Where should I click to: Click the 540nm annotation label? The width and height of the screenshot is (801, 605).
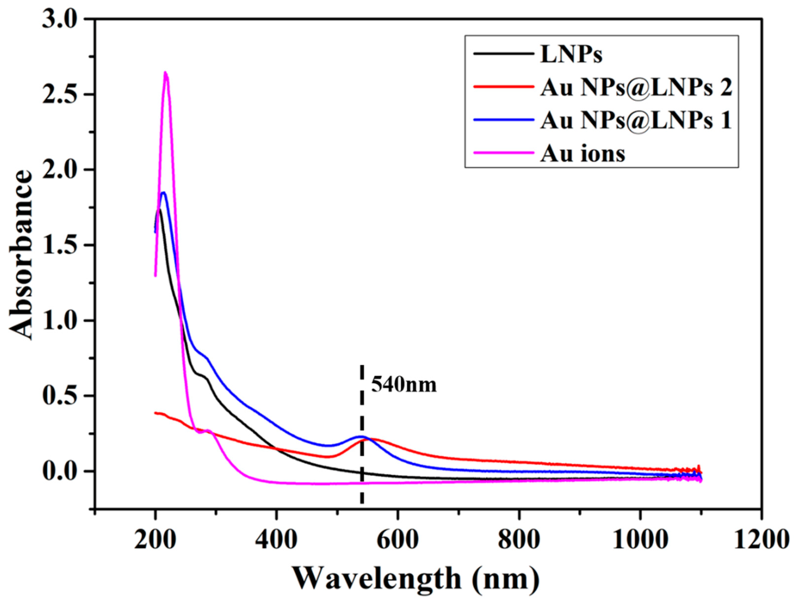[404, 385]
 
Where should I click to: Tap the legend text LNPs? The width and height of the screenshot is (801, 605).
[571, 55]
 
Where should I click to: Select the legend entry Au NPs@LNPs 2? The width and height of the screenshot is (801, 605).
[636, 88]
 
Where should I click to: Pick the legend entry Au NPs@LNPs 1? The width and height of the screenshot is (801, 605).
[636, 120]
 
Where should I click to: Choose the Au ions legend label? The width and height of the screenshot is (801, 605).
[583, 153]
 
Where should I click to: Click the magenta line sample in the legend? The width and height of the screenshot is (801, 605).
[503, 152]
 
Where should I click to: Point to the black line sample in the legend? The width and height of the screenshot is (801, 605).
[503, 54]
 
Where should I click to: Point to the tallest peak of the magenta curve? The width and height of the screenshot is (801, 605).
[165, 73]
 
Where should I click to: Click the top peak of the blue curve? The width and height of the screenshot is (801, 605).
[163, 193]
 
